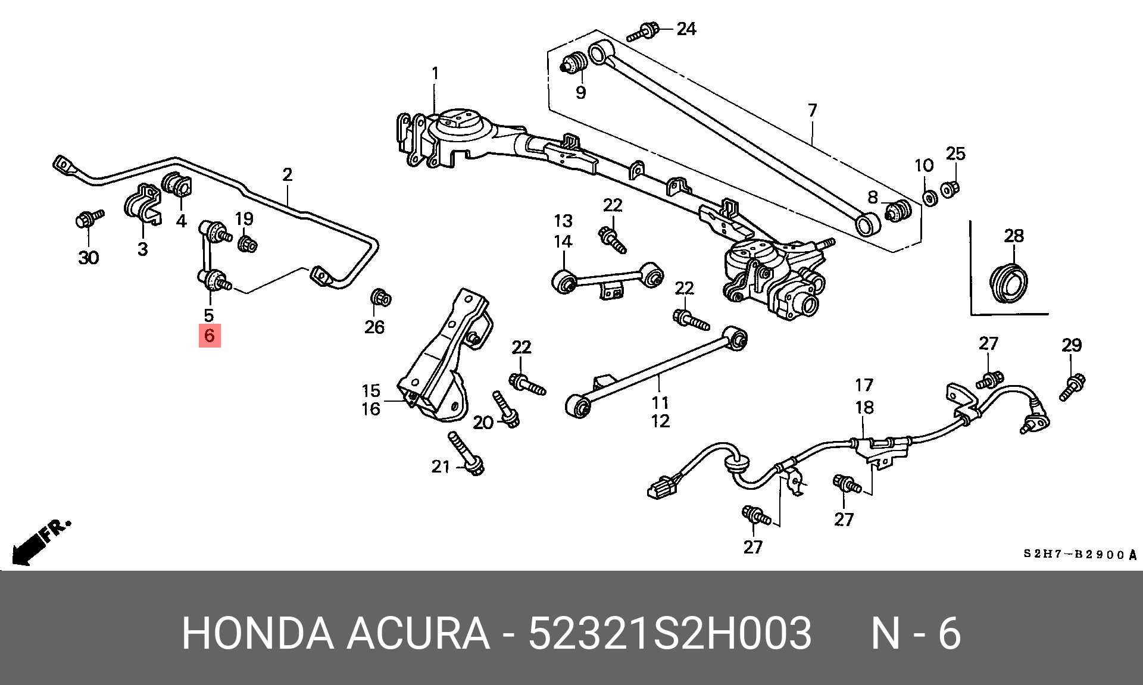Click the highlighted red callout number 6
click(x=209, y=336)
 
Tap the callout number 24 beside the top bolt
click(x=686, y=29)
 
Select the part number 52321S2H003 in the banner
click(x=670, y=633)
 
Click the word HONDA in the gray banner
click(x=257, y=633)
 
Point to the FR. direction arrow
click(x=39, y=543)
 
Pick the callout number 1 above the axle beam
click(x=435, y=74)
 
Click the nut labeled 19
click(x=247, y=243)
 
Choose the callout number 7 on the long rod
click(x=812, y=111)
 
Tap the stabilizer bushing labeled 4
click(x=175, y=184)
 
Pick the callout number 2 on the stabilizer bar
click(x=287, y=175)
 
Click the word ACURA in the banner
click(x=418, y=633)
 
